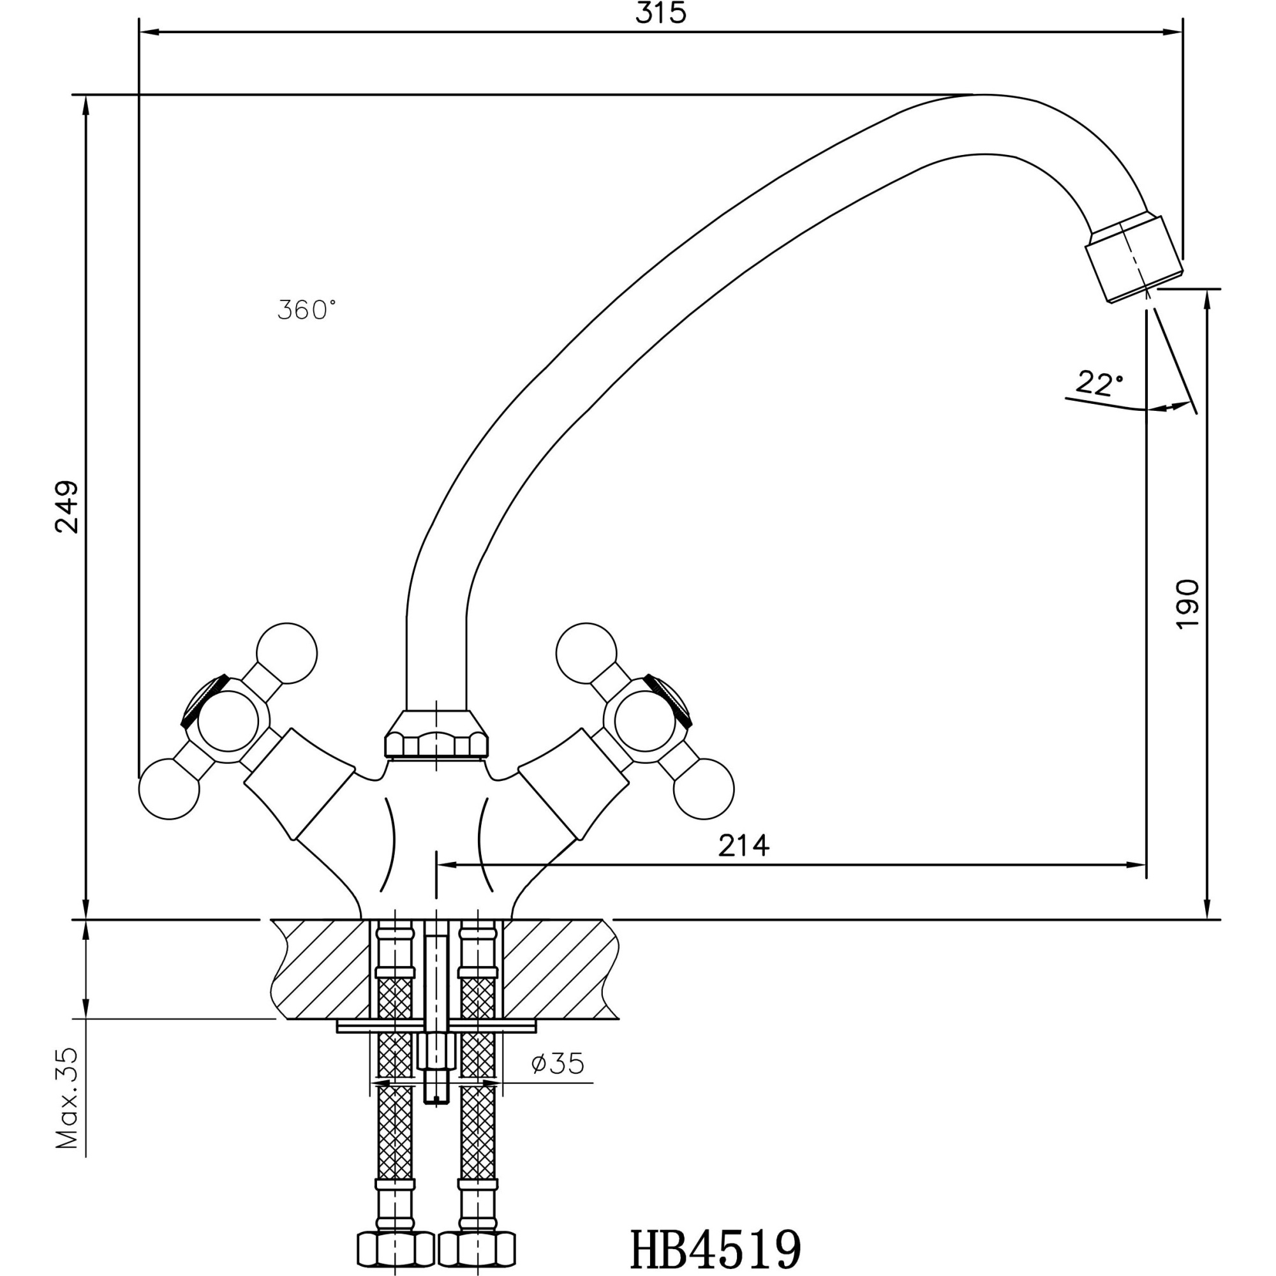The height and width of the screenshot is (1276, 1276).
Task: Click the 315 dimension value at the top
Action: point(660,15)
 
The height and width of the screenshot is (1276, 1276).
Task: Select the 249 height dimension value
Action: point(68,507)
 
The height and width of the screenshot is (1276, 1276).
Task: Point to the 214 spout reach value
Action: point(744,845)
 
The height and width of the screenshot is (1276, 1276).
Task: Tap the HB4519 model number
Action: point(716,1249)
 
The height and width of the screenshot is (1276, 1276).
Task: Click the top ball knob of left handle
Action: point(286,653)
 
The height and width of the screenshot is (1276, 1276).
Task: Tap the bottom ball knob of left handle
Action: point(169,789)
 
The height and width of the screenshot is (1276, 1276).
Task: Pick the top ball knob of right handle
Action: point(586,653)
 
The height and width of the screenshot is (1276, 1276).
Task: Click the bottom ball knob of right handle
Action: point(703,789)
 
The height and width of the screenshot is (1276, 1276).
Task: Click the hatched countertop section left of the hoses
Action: point(322,970)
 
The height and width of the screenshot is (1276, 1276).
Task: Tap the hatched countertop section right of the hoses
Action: point(558,970)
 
